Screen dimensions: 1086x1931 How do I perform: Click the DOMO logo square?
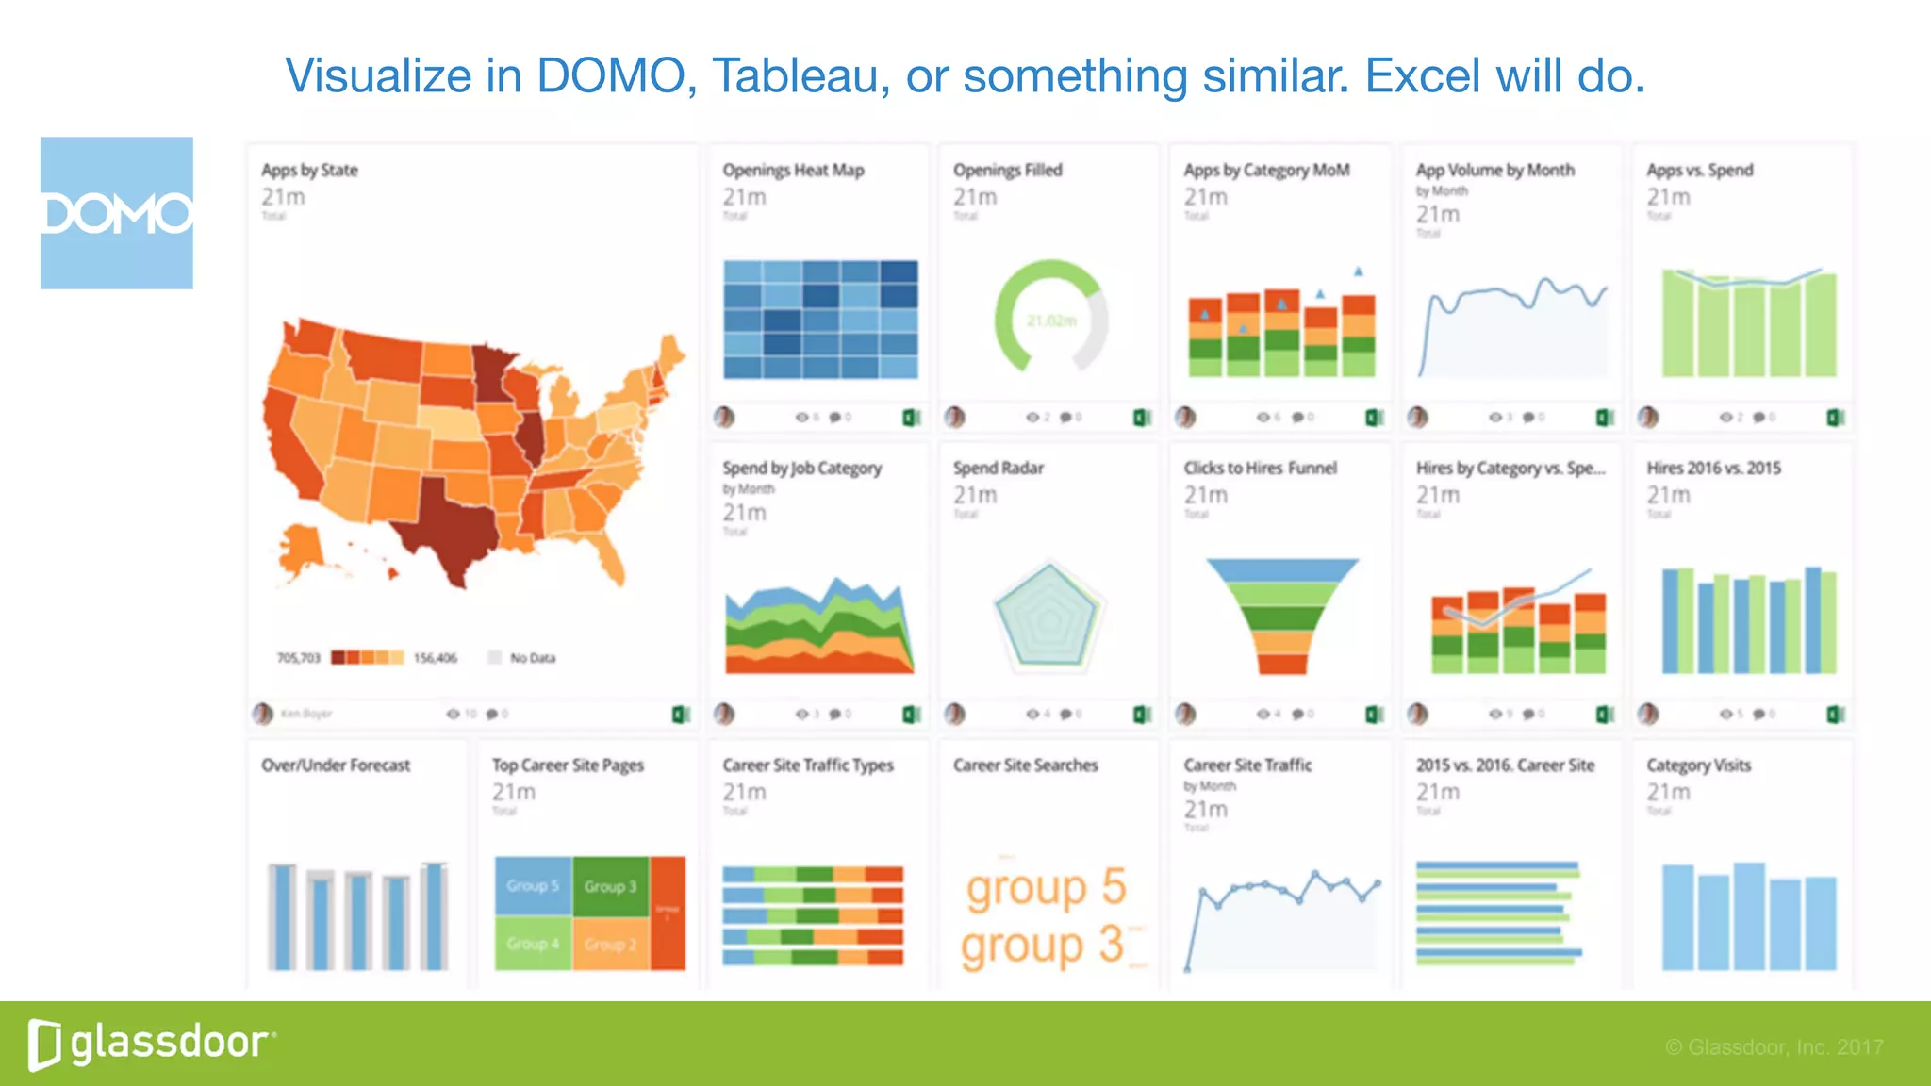(x=116, y=213)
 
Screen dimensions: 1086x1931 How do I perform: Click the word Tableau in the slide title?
(x=800, y=76)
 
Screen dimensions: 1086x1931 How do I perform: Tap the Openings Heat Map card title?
(x=793, y=171)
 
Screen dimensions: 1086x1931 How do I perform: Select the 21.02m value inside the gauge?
(x=1050, y=321)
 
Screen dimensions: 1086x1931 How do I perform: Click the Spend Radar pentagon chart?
(x=1048, y=617)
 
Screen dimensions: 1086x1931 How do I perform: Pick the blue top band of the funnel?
(x=1281, y=569)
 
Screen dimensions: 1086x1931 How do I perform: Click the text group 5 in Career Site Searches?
(x=1046, y=887)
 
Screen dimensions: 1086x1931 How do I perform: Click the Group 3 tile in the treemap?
(x=610, y=886)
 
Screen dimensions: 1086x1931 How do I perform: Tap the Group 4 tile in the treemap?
(x=533, y=943)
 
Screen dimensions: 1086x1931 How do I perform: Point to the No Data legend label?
(x=533, y=658)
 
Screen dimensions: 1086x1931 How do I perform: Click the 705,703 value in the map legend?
(x=298, y=658)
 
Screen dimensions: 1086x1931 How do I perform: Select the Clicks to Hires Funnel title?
(x=1260, y=469)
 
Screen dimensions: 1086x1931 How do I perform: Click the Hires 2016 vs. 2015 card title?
(x=1713, y=469)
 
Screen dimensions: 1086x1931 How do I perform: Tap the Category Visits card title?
(x=1698, y=765)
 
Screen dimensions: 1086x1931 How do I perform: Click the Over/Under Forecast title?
(x=336, y=765)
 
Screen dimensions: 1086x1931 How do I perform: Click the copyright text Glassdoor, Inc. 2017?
(x=1774, y=1047)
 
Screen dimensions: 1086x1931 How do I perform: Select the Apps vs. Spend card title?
(x=1699, y=171)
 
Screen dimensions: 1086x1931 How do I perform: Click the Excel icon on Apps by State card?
(x=680, y=715)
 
